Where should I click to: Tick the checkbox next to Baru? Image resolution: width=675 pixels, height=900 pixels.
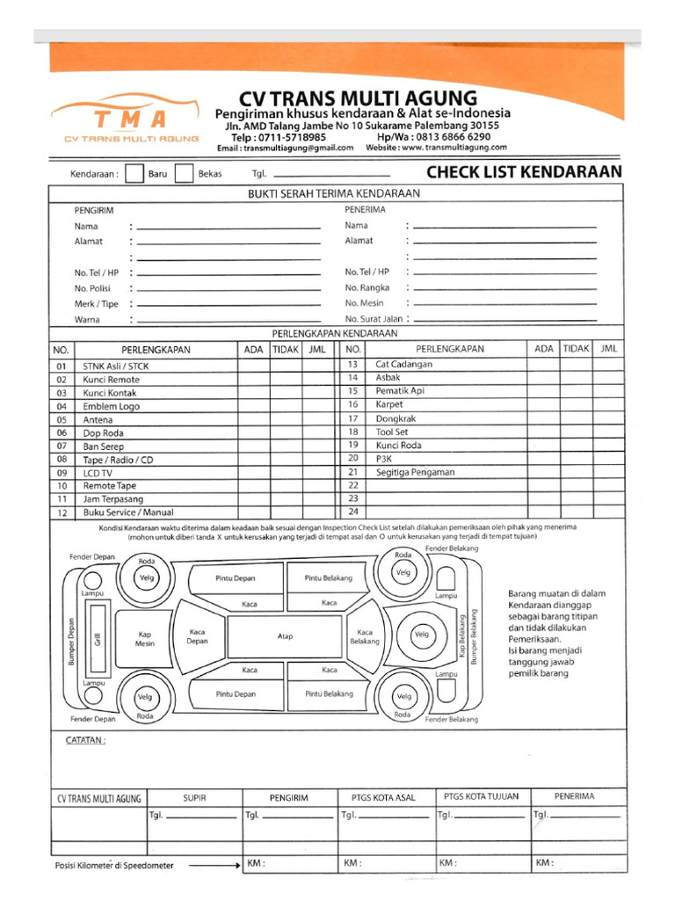(x=134, y=174)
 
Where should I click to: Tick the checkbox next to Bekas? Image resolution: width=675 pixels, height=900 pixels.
(x=184, y=174)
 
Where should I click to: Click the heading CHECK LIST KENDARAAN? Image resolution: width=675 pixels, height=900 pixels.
(x=524, y=172)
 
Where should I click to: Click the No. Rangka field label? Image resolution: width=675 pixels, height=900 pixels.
(x=367, y=287)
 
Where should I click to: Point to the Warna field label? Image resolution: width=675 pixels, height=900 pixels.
(x=87, y=319)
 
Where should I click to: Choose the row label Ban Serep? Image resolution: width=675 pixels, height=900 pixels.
(x=103, y=446)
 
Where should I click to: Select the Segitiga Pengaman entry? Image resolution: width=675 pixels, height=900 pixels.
(x=415, y=472)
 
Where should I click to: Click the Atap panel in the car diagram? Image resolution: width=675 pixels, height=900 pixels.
(x=285, y=635)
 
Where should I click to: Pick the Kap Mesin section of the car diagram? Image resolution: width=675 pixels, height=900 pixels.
(x=145, y=638)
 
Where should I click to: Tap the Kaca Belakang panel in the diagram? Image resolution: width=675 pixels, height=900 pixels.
(x=365, y=636)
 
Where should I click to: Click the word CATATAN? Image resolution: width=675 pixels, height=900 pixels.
(x=85, y=740)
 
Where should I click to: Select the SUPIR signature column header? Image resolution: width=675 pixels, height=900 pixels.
(x=194, y=797)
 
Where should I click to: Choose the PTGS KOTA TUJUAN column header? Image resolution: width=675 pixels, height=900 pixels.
(x=481, y=796)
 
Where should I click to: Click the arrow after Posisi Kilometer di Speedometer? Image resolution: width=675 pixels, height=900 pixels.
(x=214, y=865)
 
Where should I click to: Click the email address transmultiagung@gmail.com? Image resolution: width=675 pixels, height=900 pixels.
(x=297, y=148)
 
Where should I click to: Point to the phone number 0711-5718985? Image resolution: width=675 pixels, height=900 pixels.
(x=291, y=137)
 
